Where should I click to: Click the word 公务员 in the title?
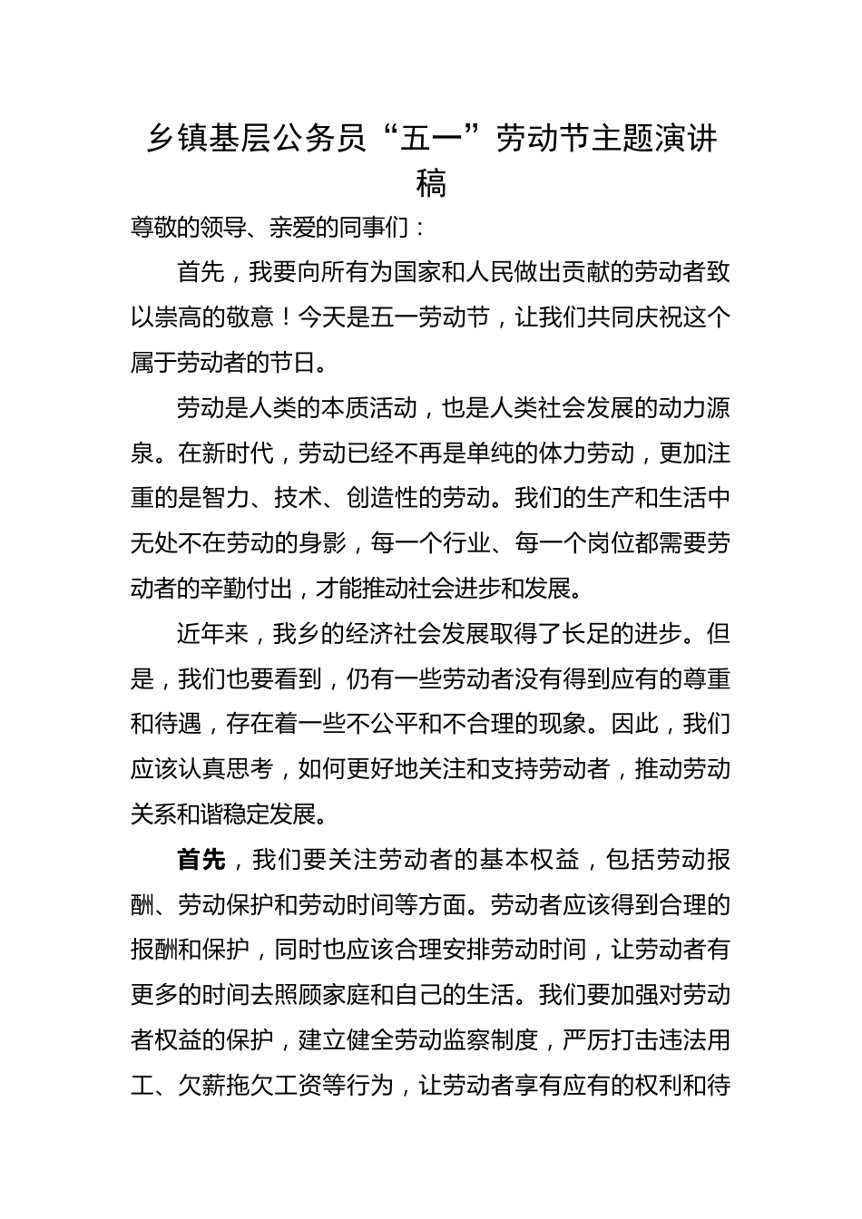click(x=319, y=140)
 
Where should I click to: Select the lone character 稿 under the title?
click(x=431, y=184)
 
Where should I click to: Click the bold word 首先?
click(x=201, y=859)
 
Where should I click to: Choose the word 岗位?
click(x=622, y=544)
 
